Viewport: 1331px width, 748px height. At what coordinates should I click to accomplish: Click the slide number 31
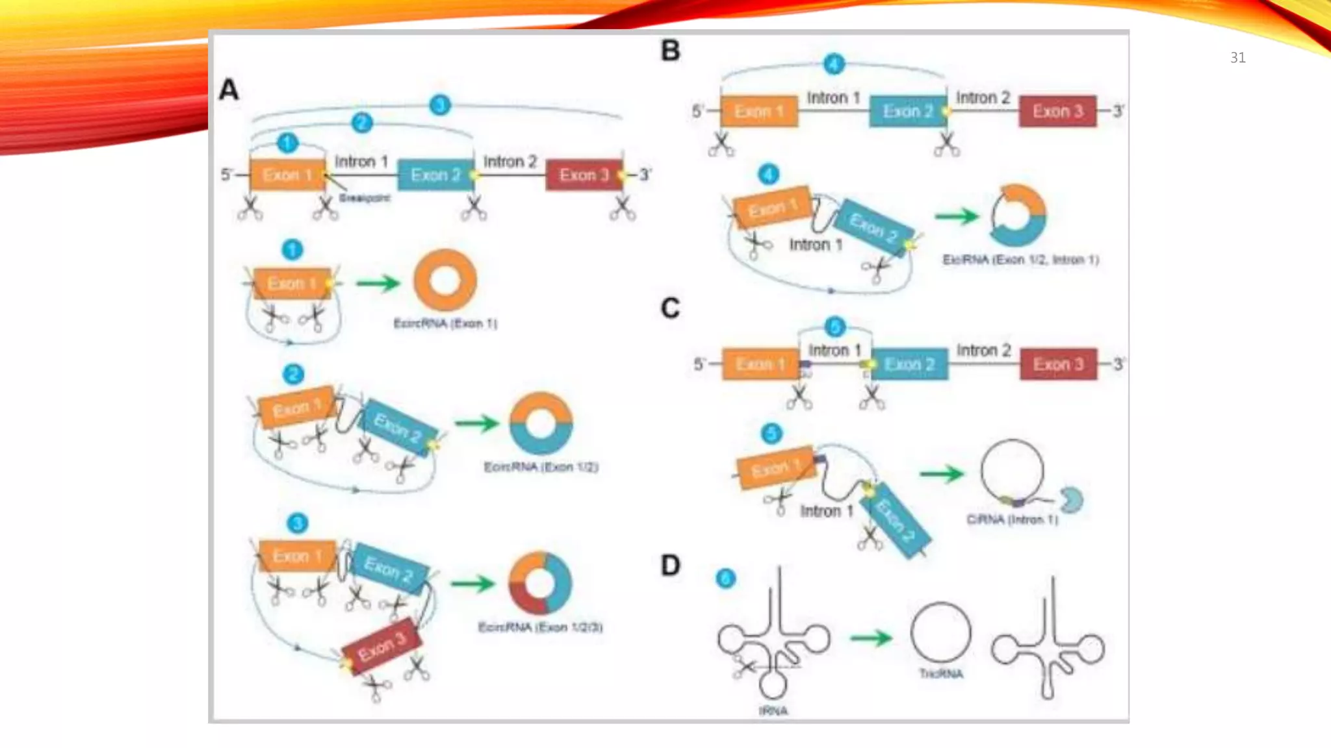point(1237,58)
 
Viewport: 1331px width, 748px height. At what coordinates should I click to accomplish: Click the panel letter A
point(229,90)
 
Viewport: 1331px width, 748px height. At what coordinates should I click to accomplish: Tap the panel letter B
point(670,51)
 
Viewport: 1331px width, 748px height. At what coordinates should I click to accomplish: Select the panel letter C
point(670,308)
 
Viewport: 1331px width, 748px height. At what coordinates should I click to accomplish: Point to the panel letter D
point(670,565)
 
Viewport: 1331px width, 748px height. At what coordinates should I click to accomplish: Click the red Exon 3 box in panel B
point(1057,111)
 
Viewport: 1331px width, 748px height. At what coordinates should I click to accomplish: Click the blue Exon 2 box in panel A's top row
point(435,175)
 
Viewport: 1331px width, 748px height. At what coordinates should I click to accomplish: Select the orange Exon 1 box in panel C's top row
point(760,364)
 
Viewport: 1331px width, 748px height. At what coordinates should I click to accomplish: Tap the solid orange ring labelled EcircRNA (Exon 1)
point(445,280)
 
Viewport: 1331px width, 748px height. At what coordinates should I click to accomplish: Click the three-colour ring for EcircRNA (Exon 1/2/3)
point(540,583)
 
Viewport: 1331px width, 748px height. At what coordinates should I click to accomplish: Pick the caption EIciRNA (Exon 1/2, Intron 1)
point(1020,260)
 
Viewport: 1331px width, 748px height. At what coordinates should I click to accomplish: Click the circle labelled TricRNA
point(940,632)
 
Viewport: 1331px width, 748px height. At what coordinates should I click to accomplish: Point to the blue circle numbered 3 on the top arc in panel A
point(440,105)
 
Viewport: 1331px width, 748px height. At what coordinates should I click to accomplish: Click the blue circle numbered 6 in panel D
point(725,578)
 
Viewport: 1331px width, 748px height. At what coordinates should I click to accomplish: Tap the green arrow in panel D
point(871,638)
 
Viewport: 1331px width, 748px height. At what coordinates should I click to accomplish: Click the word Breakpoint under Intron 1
point(365,198)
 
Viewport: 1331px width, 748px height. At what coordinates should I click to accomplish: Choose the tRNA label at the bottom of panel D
point(773,711)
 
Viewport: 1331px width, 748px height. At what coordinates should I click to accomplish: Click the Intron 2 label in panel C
point(983,351)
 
